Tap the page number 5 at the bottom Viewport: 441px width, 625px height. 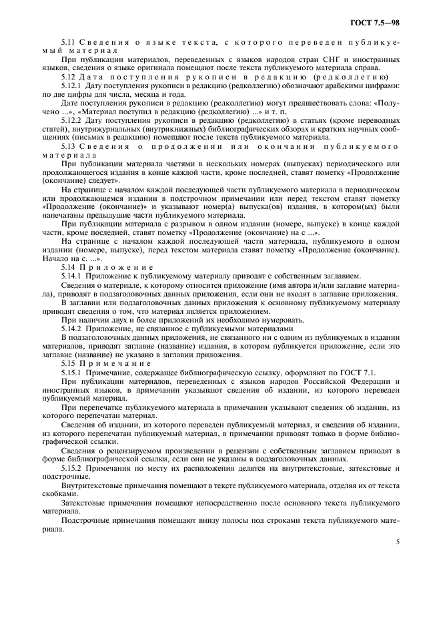click(x=398, y=542)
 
